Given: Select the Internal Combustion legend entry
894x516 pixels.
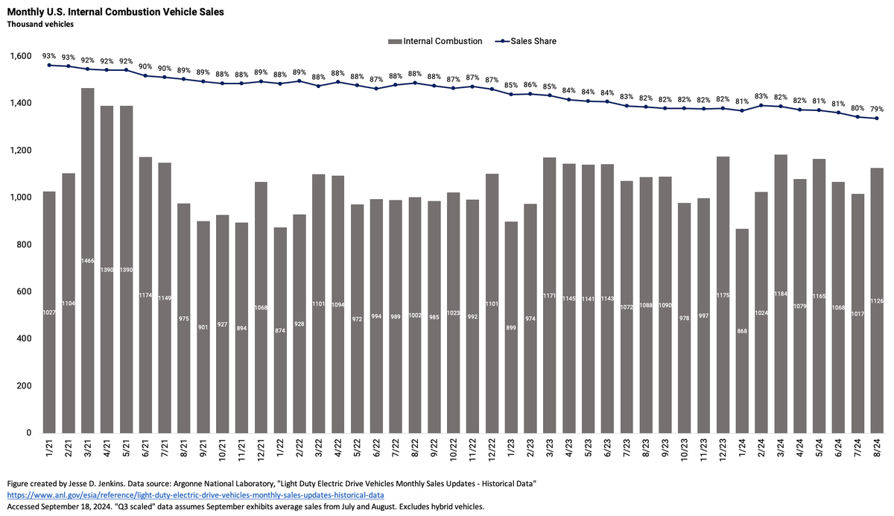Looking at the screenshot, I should pyautogui.click(x=435, y=41).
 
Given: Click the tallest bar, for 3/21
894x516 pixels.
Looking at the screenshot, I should pyautogui.click(x=88, y=260).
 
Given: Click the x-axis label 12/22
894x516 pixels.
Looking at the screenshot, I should pyautogui.click(x=492, y=450).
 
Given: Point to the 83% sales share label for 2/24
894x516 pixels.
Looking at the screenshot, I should pyautogui.click(x=761, y=95).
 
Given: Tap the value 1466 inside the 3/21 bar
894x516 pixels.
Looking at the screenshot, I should pyautogui.click(x=88, y=261).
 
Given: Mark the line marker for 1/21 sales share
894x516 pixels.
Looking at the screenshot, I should pyautogui.click(x=49, y=65).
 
